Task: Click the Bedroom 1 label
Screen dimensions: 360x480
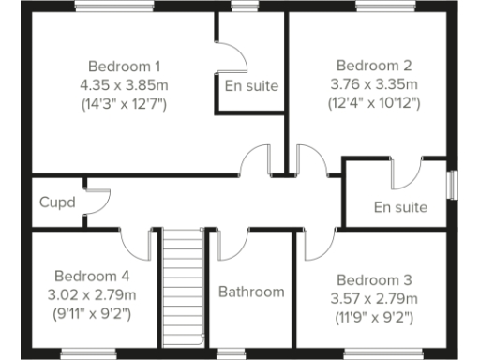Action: (x=125, y=67)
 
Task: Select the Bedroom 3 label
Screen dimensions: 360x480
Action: (x=374, y=280)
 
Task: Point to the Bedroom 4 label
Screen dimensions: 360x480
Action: (x=91, y=276)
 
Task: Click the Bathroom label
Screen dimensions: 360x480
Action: (x=251, y=292)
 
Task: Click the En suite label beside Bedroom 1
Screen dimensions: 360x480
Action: (x=251, y=86)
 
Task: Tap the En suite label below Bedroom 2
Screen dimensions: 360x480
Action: (x=400, y=207)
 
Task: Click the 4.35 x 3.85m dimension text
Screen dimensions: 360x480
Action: (x=125, y=84)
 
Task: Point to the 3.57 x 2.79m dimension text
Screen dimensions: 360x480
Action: (x=374, y=298)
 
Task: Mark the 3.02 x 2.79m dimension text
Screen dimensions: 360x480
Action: (x=91, y=293)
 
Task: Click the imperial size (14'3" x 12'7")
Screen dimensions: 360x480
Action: (x=125, y=102)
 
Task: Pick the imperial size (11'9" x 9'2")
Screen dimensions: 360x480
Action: (x=374, y=316)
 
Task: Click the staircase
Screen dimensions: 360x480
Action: (x=183, y=291)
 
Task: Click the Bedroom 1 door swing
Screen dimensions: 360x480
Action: (x=256, y=161)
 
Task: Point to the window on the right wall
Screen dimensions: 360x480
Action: (x=452, y=184)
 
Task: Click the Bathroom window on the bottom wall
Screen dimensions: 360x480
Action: (x=250, y=353)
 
